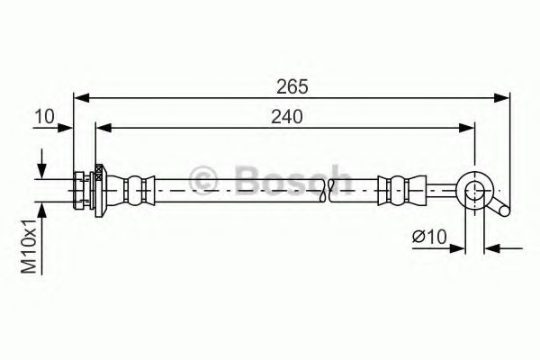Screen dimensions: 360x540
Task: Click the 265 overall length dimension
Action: (293, 86)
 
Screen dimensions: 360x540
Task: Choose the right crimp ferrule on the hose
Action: (392, 188)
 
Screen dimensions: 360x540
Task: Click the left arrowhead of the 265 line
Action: (78, 97)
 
